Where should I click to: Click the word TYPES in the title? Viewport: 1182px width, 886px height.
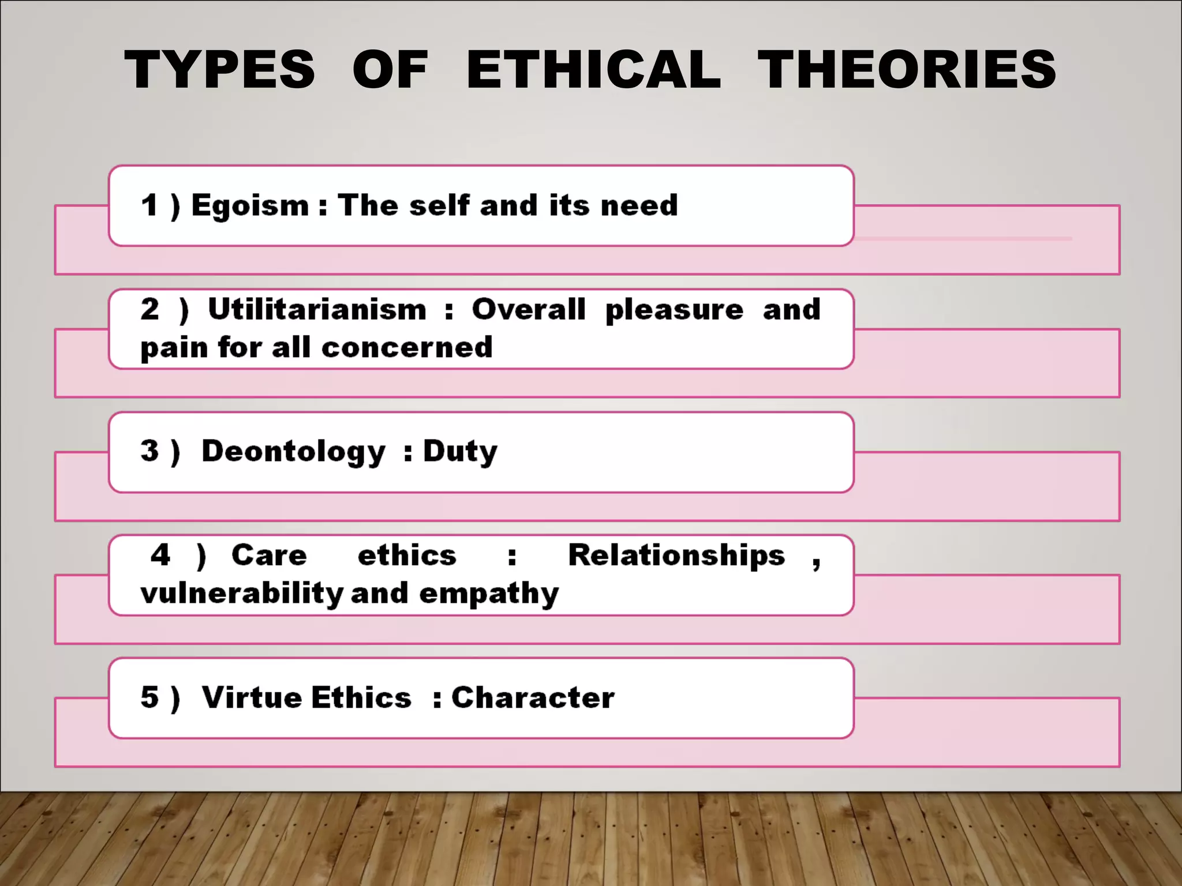[x=220, y=70]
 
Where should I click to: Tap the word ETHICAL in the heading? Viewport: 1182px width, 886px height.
[x=593, y=70]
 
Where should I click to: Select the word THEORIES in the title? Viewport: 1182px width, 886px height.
[x=907, y=70]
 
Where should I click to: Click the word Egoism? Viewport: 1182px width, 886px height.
[x=250, y=206]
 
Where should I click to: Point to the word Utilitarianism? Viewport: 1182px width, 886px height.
[x=317, y=309]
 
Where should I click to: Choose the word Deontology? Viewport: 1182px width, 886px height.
[x=293, y=452]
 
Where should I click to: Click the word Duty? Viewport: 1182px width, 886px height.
[x=460, y=452]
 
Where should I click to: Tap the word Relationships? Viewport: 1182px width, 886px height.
[x=676, y=555]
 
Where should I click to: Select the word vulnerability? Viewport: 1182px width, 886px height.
[x=242, y=594]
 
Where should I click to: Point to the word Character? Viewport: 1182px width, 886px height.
[x=533, y=697]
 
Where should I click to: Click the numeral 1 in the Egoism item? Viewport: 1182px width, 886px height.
[x=149, y=205]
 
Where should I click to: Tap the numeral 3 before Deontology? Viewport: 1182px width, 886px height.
[x=149, y=451]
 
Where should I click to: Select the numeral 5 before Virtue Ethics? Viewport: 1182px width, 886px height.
[x=149, y=697]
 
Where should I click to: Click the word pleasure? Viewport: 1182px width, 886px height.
[x=674, y=310]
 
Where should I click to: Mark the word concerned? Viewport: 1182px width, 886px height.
[x=407, y=348]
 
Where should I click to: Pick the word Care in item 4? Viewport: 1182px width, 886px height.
[x=269, y=555]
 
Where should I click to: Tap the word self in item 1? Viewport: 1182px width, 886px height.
[x=439, y=205]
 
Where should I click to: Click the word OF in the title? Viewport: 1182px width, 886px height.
[x=390, y=70]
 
